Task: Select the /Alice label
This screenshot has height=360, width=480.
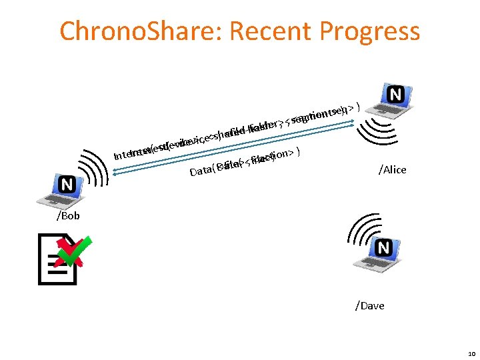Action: click(392, 170)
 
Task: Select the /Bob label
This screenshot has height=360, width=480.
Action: click(68, 215)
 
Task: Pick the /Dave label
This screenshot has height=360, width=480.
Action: click(370, 305)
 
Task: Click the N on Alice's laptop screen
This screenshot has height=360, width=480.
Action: click(395, 95)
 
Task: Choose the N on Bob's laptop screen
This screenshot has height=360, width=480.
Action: click(67, 183)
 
